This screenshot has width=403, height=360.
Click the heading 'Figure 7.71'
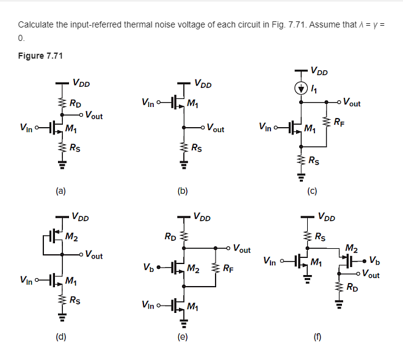coord(40,56)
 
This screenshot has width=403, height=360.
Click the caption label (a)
coord(60,191)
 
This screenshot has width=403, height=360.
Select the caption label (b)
coord(183,191)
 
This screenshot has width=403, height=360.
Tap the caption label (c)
coord(312,191)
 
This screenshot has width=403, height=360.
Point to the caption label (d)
coord(60,336)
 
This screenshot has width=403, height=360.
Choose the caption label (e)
coord(183,336)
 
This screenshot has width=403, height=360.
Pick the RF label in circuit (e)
coord(227,268)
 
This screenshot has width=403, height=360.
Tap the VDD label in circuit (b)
coord(202,83)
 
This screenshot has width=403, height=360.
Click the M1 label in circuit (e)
coord(193,306)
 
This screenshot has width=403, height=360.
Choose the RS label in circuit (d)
coord(73,299)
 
